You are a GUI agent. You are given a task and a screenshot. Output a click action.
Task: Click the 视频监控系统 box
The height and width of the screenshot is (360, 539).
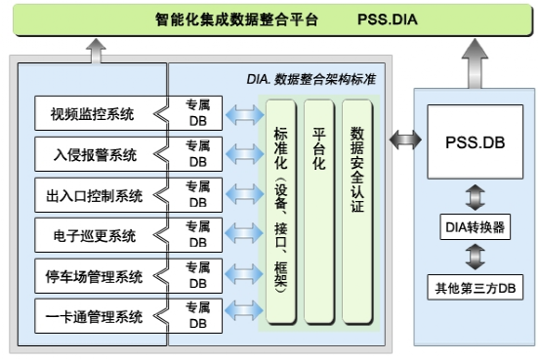[x=93, y=114]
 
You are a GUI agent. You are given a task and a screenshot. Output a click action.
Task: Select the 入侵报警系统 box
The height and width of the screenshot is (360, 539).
[x=93, y=154]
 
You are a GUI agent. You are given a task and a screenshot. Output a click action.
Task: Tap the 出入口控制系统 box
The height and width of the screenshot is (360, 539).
[x=93, y=195]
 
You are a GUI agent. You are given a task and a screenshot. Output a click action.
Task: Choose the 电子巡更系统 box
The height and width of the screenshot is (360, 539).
[x=93, y=235]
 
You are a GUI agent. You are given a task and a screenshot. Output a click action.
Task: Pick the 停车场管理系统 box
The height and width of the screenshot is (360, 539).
[x=93, y=276]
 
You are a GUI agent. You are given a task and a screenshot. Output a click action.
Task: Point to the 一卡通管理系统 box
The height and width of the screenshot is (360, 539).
[x=93, y=316]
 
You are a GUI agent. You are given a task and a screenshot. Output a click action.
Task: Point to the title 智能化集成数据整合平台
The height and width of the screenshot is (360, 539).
[x=237, y=19]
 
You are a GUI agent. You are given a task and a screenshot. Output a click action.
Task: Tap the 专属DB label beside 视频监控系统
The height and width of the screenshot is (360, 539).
[x=198, y=114]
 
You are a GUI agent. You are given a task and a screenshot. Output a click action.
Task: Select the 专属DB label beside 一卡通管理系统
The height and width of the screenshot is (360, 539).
[x=198, y=316]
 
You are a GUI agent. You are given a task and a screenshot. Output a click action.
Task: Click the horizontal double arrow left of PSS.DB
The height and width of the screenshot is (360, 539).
[x=401, y=139]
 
